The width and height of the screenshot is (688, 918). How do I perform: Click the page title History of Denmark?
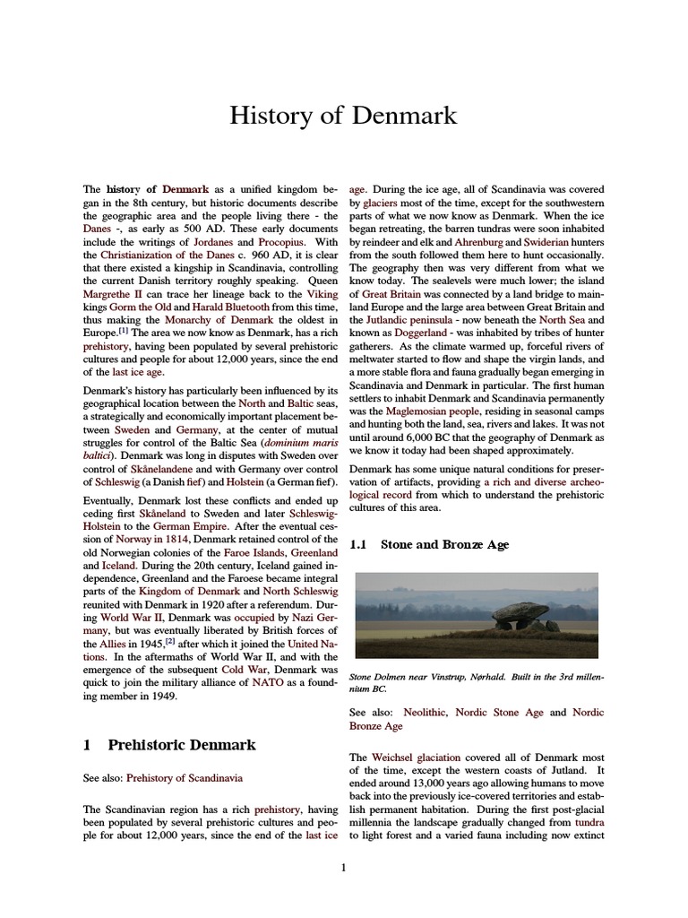tap(343, 116)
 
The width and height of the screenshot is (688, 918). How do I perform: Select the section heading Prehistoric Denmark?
tap(181, 744)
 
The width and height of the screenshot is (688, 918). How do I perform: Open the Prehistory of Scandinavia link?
tap(184, 777)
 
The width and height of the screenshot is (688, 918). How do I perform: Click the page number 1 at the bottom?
tap(343, 866)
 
